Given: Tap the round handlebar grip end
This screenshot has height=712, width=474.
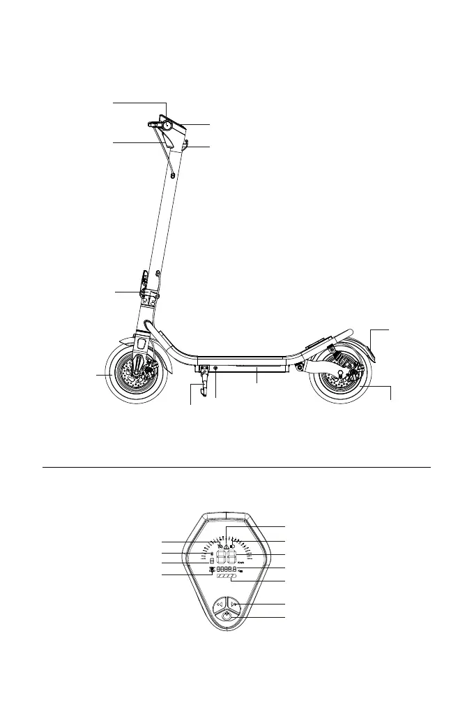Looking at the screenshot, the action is pos(167,125).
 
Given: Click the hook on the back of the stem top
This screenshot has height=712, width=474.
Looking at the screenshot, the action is pos(188,145).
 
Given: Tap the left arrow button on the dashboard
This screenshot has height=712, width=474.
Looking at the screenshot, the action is pos(220,605).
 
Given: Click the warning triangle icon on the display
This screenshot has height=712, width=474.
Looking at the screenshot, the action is pos(227,547).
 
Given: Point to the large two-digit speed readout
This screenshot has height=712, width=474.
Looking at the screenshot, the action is pos(227,558).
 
